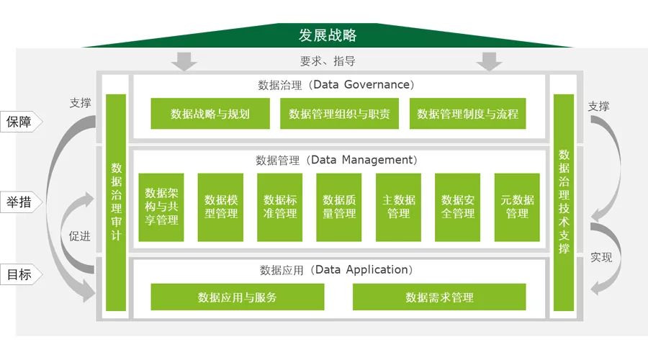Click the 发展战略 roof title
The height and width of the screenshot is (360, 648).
(328, 35)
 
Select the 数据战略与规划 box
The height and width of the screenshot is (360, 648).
(210, 114)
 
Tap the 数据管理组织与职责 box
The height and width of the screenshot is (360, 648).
(339, 114)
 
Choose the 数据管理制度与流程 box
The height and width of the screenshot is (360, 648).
(467, 114)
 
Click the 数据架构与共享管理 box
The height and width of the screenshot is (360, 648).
(161, 207)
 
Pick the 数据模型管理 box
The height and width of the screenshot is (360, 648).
(220, 207)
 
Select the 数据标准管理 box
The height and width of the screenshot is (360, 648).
(279, 207)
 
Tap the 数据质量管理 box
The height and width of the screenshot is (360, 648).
(339, 207)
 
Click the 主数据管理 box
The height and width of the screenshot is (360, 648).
(398, 207)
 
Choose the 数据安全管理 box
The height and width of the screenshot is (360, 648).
(457, 207)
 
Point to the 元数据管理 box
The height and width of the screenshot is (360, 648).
(517, 207)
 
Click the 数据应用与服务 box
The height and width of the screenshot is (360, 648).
(237, 297)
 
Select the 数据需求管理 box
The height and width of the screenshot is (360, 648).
(439, 297)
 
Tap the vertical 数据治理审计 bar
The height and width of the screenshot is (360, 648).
(116, 203)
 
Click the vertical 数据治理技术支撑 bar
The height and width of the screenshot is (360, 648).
(564, 203)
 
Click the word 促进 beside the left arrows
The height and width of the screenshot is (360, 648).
(79, 235)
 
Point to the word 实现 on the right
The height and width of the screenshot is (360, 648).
(600, 256)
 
